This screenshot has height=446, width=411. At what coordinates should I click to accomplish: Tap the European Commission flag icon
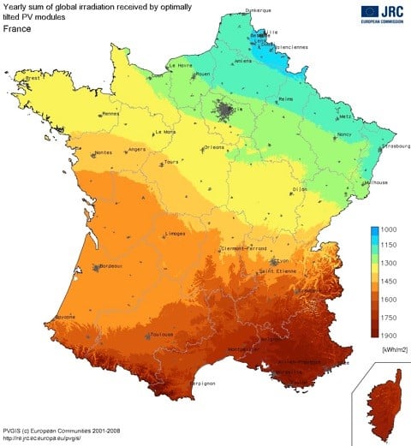pyautogui.click(x=369, y=10)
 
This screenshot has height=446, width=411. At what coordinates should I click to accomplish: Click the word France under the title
pyautogui.click(x=18, y=28)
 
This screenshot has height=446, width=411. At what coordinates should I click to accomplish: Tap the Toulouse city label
pyautogui.click(x=160, y=336)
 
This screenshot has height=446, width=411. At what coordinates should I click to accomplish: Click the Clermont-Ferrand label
pyautogui.click(x=231, y=248)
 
